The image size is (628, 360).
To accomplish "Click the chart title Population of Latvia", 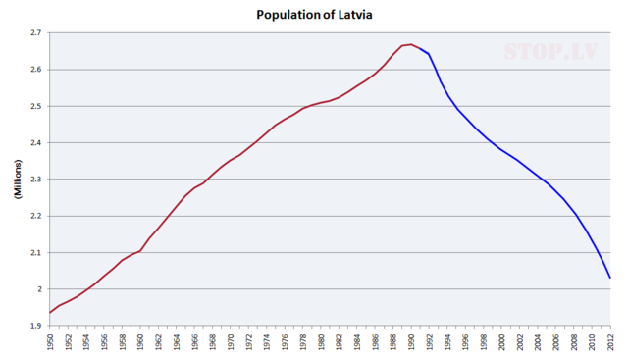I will coord(313,15).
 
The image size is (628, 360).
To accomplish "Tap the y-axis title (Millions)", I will coord(19,179).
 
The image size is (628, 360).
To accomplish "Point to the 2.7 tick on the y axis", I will coord(34,33).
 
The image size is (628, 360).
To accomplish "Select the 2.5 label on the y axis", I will coord(34,106).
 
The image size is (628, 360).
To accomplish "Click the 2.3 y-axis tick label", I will coord(34,180).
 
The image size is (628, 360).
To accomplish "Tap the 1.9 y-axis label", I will coord(34,326).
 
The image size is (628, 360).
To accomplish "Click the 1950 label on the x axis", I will coord(50,342).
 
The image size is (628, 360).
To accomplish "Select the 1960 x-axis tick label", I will coord(140,342).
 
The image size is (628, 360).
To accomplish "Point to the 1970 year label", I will coord(231,342).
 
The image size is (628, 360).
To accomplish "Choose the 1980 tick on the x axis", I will coord(321,342).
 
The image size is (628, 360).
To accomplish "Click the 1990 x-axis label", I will coord(411,342).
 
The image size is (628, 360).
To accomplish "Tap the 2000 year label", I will coord(501,342).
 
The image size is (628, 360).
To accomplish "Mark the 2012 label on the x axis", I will coord(610,342).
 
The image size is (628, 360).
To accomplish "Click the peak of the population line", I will coord(411,44).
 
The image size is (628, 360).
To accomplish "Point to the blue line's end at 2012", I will coord(610,278).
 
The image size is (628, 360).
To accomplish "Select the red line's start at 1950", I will coord(50,313).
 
